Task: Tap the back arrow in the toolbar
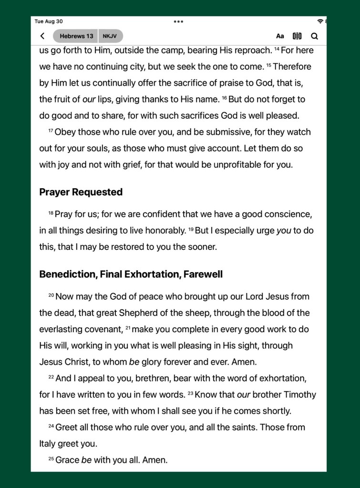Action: tap(42, 36)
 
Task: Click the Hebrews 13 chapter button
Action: tap(76, 36)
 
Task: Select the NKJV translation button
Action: tap(110, 36)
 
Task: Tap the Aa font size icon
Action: tap(280, 36)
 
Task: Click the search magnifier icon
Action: tap(314, 36)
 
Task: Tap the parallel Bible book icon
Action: tap(297, 36)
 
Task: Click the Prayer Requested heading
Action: tap(81, 192)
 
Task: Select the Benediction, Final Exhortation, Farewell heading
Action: tap(131, 274)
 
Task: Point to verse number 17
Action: tap(51, 130)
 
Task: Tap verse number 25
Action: tap(51, 458)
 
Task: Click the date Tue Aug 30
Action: tap(49, 21)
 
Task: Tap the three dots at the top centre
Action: tap(178, 21)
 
